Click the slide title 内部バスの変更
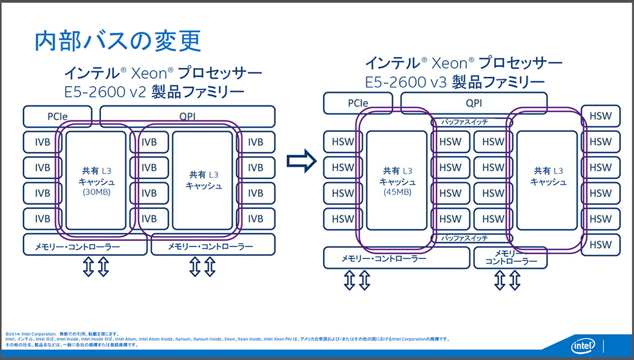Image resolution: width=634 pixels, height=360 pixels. [118, 42]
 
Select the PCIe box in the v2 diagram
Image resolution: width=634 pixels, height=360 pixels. [57, 116]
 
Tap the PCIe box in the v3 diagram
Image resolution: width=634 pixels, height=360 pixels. [357, 103]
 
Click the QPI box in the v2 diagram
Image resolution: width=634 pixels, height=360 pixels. [187, 116]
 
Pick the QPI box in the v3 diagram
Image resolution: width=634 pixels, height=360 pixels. [474, 103]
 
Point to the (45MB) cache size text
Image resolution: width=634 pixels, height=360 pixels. [396, 191]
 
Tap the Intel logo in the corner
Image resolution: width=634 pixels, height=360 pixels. [583, 346]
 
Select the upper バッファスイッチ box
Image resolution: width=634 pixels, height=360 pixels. [468, 122]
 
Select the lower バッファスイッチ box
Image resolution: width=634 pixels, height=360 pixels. [468, 238]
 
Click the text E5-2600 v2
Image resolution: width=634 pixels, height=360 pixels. [105, 93]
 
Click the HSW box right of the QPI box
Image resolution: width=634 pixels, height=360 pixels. [600, 116]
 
